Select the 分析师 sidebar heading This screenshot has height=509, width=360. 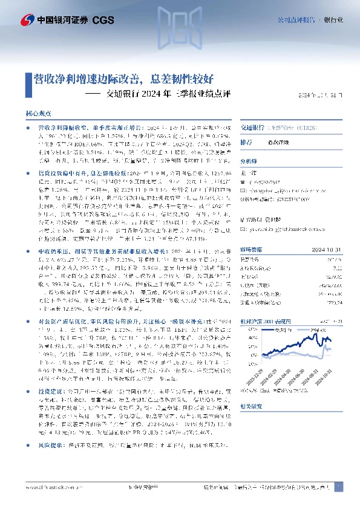tap(249, 162)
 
